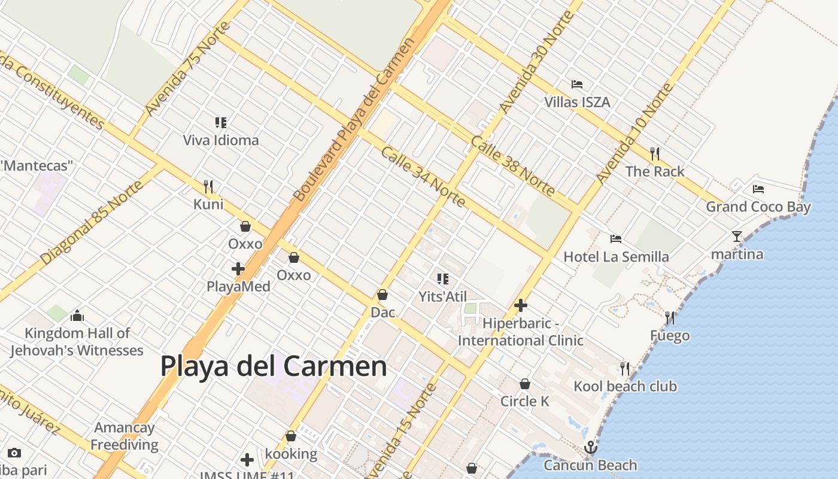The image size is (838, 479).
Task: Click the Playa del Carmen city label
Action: pos(274,366)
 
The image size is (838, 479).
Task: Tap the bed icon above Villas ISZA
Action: pos(577,84)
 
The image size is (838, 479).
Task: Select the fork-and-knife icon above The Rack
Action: pos(655,154)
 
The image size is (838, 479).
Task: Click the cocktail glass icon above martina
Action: pos(737,237)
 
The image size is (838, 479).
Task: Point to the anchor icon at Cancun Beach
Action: pos(591,447)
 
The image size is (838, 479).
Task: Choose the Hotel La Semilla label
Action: pos(616,257)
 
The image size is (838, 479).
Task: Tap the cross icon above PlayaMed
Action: pos(238,269)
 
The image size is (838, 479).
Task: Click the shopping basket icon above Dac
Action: pos(382,295)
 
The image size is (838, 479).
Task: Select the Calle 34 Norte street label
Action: pos(423,177)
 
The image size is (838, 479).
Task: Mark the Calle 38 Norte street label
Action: pos(512,165)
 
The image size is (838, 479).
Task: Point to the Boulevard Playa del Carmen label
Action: pos(353,120)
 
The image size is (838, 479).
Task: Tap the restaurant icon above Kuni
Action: pos(208,187)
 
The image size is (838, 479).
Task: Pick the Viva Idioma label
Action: pos(221,140)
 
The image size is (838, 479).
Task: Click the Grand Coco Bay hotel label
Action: pos(758,207)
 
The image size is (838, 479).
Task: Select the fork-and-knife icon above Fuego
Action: pos(670,318)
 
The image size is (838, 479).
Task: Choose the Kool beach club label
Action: pos(625,386)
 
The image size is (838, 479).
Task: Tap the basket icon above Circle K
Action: pos(525,384)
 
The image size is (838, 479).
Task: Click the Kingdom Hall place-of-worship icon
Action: pos(77,316)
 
